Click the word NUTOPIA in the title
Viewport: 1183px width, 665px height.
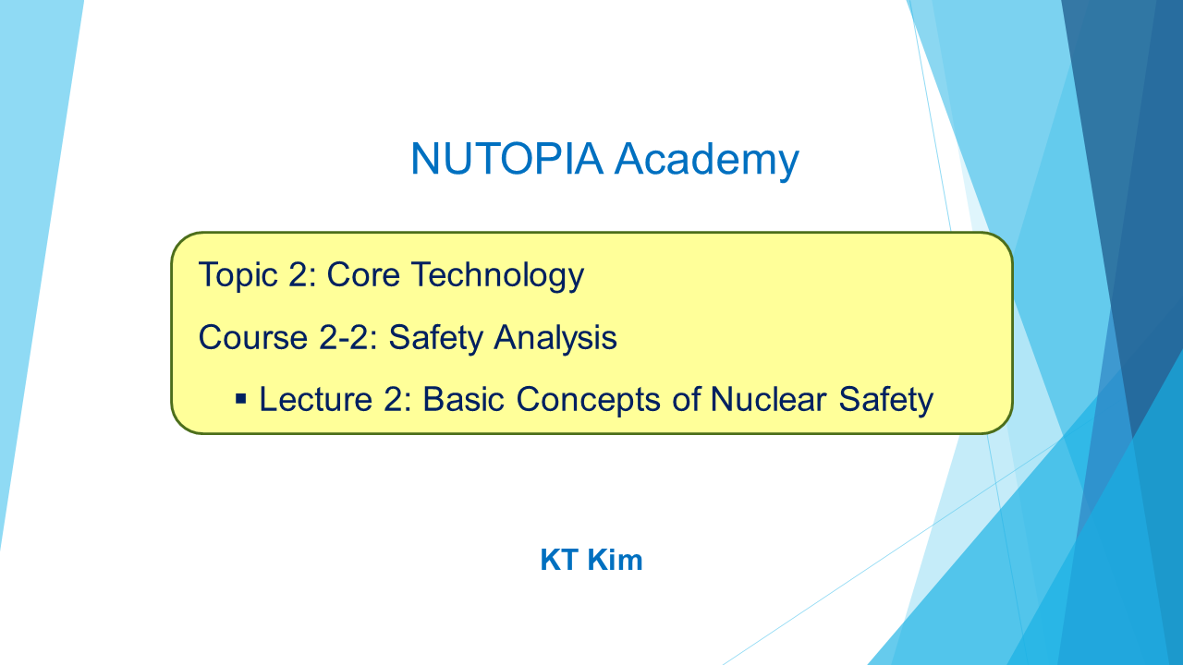point(506,158)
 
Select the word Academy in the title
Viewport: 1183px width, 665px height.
point(707,161)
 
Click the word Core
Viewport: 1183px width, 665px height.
point(363,274)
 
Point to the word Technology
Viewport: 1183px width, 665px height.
point(498,275)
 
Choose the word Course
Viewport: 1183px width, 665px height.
point(253,337)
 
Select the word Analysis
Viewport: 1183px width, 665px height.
point(555,337)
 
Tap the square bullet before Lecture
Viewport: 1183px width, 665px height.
point(241,398)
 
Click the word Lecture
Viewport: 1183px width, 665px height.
point(316,399)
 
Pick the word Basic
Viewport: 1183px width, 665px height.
point(464,399)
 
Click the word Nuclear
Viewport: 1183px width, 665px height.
point(768,399)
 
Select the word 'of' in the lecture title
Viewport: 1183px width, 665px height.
point(686,399)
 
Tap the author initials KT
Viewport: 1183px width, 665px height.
point(559,560)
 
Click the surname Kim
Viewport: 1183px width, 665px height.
point(616,560)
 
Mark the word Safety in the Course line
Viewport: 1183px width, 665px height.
point(435,338)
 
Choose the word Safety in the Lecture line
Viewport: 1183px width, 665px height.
point(886,400)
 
